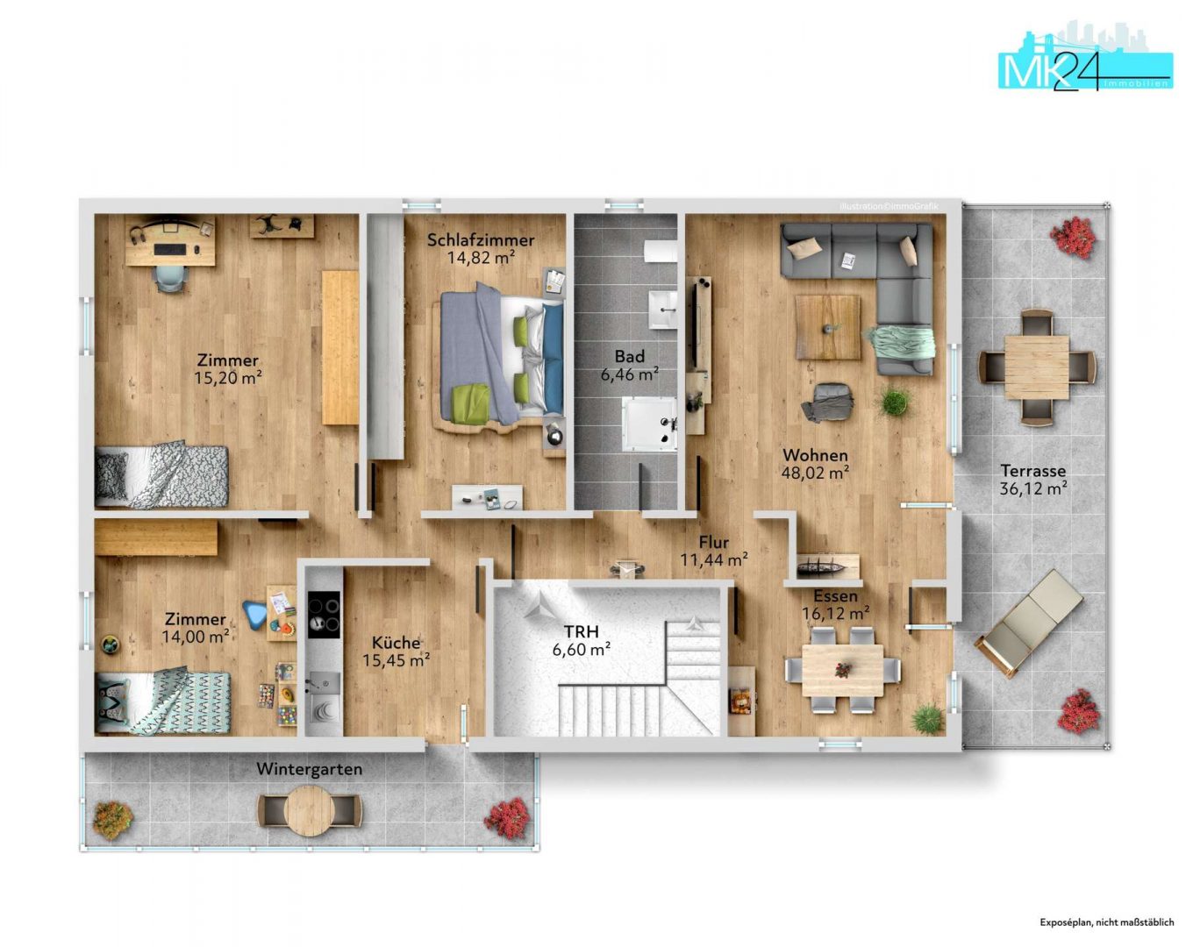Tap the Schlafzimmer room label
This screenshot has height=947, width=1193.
coord(481,240)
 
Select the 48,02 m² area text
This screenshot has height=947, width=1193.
coord(815,473)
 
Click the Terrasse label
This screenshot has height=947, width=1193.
coord(1032,471)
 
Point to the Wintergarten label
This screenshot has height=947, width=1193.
coord(310,770)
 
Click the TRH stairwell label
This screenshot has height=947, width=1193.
coord(581,631)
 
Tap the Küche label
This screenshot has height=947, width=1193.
coord(396,643)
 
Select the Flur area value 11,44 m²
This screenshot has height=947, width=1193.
coord(714,559)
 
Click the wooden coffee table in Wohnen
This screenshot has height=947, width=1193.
coord(828,327)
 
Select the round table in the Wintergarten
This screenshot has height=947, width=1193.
coord(310,811)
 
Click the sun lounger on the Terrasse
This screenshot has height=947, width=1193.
coord(1029,623)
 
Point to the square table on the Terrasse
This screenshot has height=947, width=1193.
coord(1036,367)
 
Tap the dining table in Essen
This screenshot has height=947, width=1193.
coord(843,670)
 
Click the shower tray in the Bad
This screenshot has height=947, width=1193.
coord(648,424)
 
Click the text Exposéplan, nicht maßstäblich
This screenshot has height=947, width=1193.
coord(1106,922)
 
